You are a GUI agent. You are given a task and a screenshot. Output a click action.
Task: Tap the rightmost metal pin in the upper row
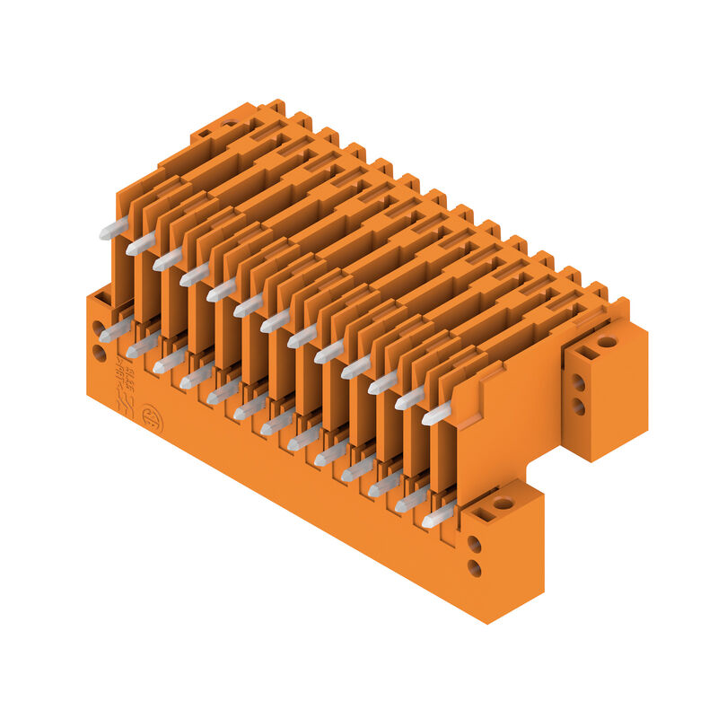[436, 414]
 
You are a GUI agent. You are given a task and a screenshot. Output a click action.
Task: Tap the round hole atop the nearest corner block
[503, 503]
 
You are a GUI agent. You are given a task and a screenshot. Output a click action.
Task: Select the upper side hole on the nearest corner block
[474, 544]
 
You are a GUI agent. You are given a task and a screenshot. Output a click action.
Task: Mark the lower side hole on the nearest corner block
[474, 568]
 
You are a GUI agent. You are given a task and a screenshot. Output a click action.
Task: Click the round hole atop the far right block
[607, 341]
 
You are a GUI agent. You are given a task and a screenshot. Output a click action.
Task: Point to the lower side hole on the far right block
[579, 407]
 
